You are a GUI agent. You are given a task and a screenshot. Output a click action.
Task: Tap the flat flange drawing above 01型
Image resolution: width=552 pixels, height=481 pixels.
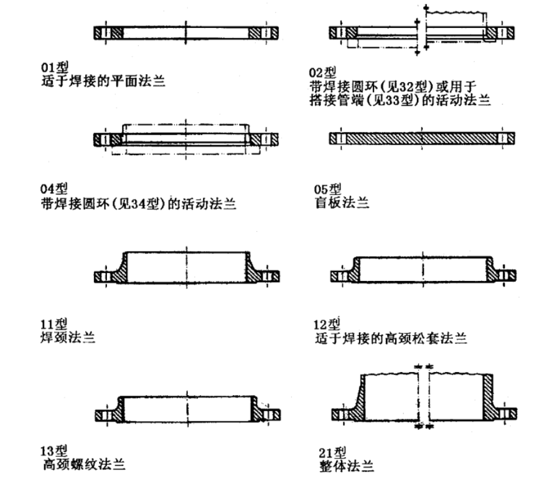tap(186, 32)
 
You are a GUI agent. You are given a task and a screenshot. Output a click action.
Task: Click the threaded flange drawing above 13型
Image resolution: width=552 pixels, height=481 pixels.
tap(186, 408)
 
